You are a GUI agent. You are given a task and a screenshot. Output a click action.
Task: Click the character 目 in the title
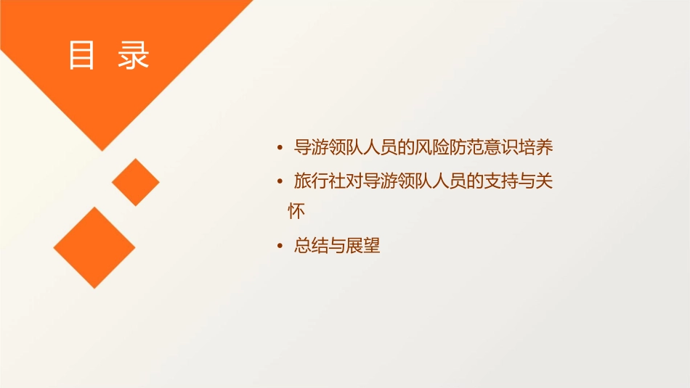[81, 56]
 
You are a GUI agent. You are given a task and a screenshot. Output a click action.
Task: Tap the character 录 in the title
[133, 56]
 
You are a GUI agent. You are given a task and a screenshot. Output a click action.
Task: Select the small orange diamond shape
[135, 182]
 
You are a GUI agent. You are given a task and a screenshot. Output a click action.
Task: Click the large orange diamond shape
[94, 247]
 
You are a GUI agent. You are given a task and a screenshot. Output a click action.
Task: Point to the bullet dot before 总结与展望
[280, 247]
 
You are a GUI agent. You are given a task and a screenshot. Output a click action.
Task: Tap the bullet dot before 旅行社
[280, 182]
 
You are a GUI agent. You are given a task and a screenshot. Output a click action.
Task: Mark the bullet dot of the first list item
[280, 149]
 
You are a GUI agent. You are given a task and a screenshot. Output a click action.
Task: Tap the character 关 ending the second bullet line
[545, 181]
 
